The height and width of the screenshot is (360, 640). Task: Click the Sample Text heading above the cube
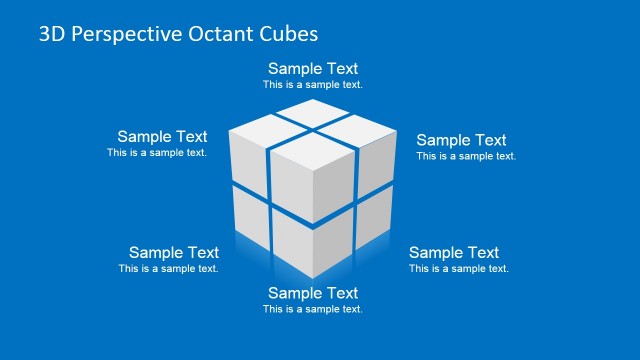click(x=313, y=69)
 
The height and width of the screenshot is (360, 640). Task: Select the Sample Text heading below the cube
click(x=313, y=293)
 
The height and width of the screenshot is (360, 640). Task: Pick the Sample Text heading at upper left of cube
click(x=162, y=137)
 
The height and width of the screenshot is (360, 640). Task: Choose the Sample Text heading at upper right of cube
click(x=461, y=140)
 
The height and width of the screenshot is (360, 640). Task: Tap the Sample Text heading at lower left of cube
click(x=174, y=253)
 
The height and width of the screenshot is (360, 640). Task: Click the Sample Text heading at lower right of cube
click(x=453, y=253)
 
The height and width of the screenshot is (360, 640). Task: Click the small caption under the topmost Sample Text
click(x=313, y=85)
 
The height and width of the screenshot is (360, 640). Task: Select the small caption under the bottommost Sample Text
click(x=313, y=309)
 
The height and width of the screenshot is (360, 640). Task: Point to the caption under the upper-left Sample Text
click(x=157, y=153)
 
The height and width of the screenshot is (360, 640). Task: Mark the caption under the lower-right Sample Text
click(x=458, y=269)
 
